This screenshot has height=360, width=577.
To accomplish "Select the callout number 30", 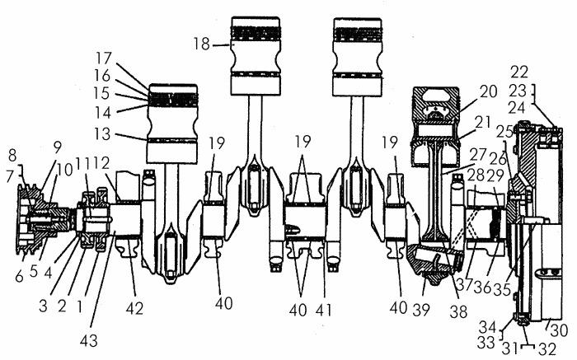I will click(x=561, y=330).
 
